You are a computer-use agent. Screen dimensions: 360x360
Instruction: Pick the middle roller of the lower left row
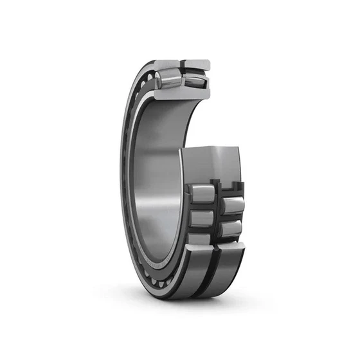point(201,218)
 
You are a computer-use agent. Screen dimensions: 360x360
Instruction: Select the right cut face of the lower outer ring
point(231,248)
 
